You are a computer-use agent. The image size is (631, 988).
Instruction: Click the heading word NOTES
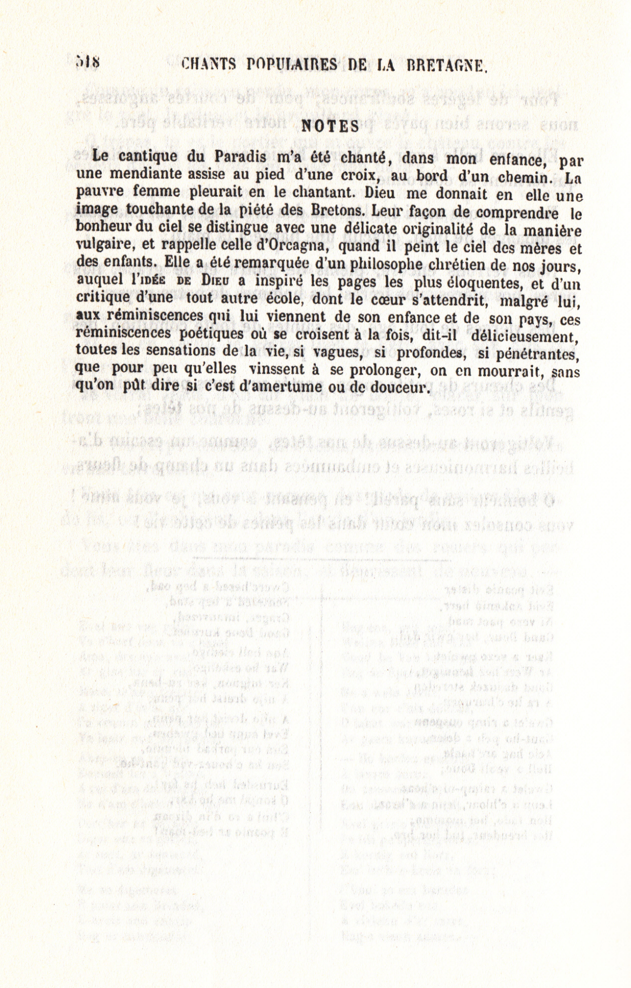click(x=329, y=126)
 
